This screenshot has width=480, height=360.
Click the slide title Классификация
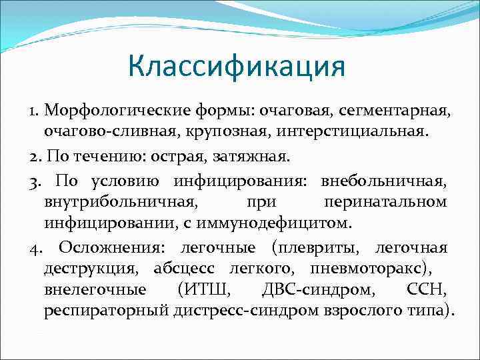[237, 67]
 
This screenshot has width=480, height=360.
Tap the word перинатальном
[385, 201]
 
